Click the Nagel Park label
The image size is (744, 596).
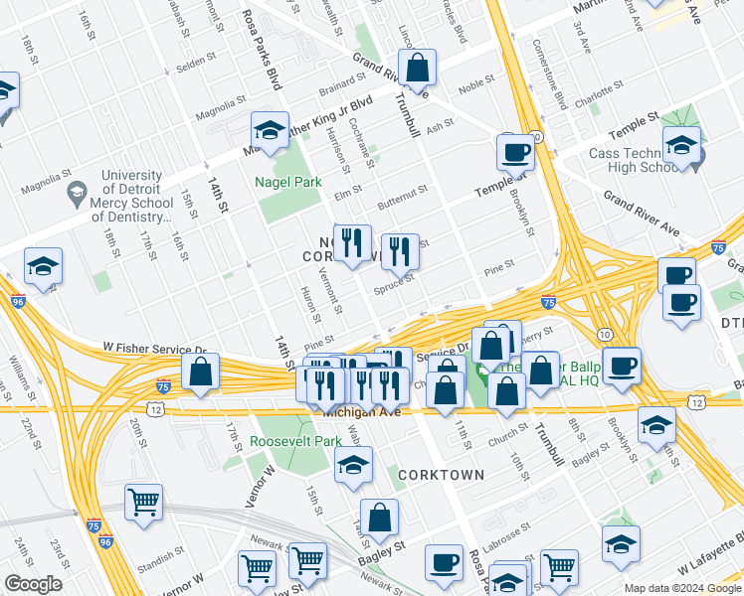287,183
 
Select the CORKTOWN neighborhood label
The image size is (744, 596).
441,475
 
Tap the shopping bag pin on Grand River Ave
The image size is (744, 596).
419,69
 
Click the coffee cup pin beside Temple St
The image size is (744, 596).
515,152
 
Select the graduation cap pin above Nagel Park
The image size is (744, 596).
269,129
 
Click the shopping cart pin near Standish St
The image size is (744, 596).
144,503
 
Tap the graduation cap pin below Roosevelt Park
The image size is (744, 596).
353,464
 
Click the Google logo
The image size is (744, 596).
33,584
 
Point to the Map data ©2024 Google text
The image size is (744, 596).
682,588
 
